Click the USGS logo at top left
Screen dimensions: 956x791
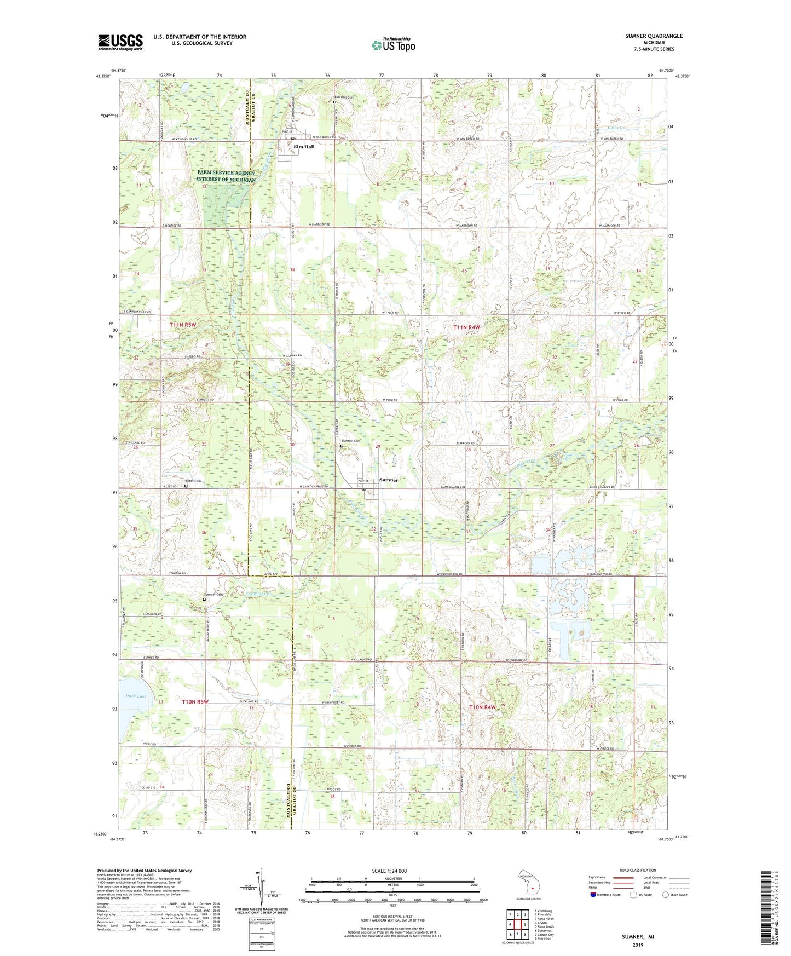pyautogui.click(x=120, y=42)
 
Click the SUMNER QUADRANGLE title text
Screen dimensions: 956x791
pyautogui.click(x=654, y=36)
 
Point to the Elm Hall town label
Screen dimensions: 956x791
pyautogui.click(x=304, y=147)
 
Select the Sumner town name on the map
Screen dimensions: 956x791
pyautogui.click(x=389, y=480)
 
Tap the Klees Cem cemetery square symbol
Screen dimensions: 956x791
pyautogui.click(x=186, y=486)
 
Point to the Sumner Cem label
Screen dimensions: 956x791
pyautogui.click(x=351, y=441)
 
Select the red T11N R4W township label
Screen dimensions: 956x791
pyautogui.click(x=466, y=327)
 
